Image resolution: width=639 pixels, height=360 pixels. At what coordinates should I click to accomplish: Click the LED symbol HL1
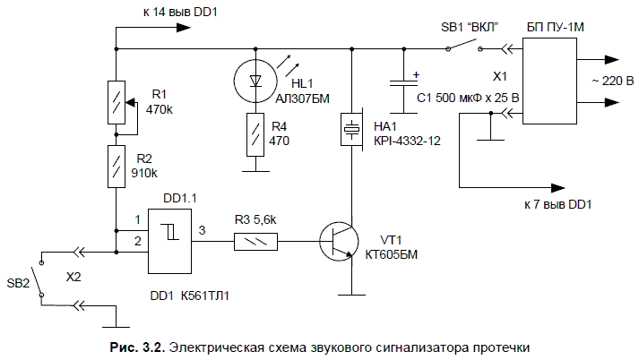click(x=257, y=79)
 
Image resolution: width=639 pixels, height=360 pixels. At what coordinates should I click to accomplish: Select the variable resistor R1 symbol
click(x=117, y=101)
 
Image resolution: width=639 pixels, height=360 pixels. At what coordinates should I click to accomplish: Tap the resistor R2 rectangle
click(x=117, y=165)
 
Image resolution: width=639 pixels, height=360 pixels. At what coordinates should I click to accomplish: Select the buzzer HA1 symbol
click(x=352, y=131)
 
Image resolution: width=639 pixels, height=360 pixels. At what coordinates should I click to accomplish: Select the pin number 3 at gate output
click(x=202, y=230)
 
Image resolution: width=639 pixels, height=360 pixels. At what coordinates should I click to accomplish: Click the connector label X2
click(x=74, y=278)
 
